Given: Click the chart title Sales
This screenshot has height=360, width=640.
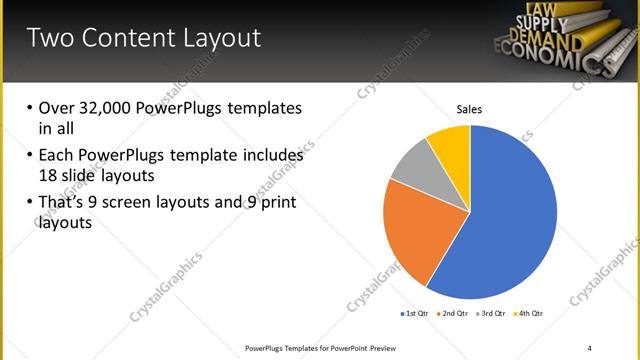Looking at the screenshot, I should tap(470, 109).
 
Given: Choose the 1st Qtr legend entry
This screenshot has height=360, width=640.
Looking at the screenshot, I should tap(414, 314).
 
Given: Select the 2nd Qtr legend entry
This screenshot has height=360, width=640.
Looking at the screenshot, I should tap(453, 314).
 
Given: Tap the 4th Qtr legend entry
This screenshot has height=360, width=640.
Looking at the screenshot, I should tap(529, 314).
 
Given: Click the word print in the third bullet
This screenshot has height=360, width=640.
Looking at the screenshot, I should tap(278, 204).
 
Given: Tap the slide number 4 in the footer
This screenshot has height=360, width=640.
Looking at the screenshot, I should tap(590, 347).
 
